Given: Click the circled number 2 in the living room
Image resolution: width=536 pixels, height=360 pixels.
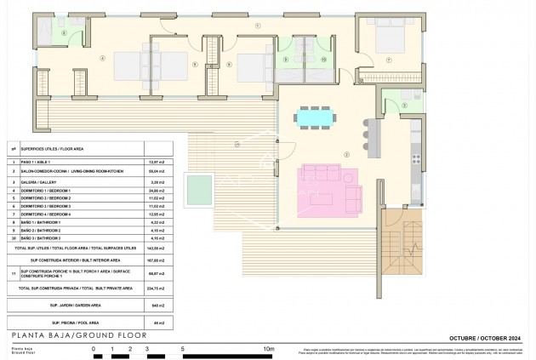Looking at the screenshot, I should (347, 154).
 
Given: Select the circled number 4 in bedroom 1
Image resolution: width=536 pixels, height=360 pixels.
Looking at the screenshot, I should (102, 59).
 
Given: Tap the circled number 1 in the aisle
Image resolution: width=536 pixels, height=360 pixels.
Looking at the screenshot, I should (258, 26).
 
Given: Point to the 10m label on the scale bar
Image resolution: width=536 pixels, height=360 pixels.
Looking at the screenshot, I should (270, 348).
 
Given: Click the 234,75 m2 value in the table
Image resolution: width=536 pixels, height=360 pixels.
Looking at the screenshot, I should (154, 289).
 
